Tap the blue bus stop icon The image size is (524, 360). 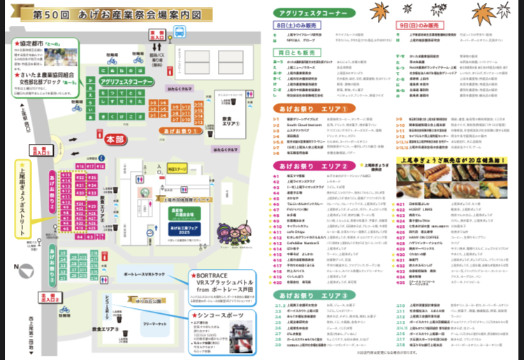(180, 31)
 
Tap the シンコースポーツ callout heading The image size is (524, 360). (225, 316)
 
